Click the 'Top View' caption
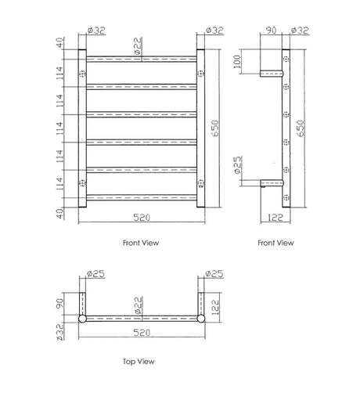pos(139,362)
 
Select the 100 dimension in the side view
pos(237,61)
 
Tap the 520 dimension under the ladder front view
pos(142,218)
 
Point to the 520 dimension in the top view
pos(142,333)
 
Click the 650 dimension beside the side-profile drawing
pos(301,128)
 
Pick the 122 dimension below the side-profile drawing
pos(275,218)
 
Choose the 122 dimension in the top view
pos(215,307)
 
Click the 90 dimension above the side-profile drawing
pos(271,31)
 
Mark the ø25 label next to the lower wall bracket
pos(238,165)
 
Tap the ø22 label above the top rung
pos(138,45)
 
